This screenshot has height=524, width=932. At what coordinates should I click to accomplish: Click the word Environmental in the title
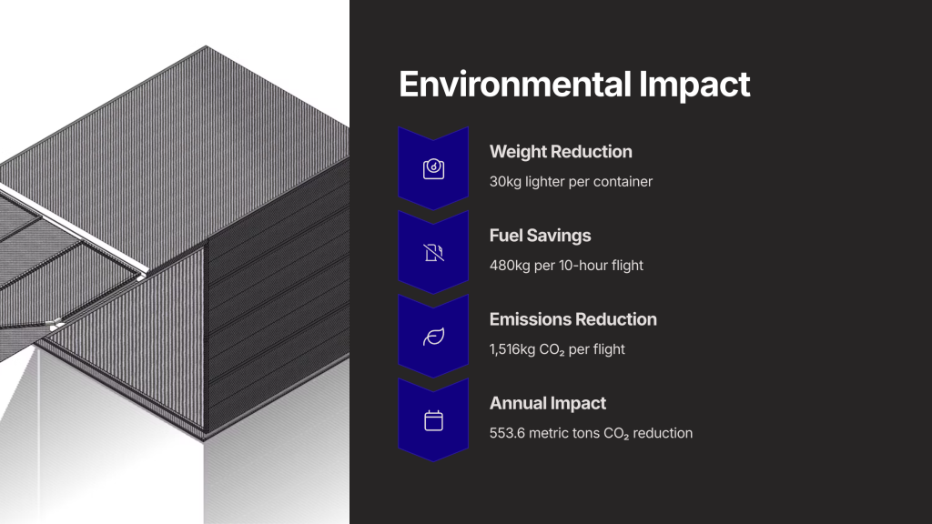click(x=515, y=85)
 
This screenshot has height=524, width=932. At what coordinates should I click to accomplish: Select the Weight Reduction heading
click(x=561, y=152)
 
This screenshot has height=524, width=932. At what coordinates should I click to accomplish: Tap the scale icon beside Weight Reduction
click(x=433, y=168)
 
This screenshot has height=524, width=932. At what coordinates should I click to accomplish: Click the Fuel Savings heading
click(x=540, y=236)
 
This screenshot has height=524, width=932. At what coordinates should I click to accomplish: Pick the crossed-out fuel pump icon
click(x=433, y=253)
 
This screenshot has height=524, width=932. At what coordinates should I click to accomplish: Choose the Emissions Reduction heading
click(x=573, y=319)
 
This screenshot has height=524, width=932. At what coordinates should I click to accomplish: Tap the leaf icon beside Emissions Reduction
click(x=433, y=337)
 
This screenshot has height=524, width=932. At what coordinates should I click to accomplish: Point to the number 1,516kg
click(x=512, y=349)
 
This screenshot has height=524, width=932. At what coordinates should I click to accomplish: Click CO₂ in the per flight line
click(x=552, y=350)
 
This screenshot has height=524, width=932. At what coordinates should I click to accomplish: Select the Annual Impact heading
click(x=547, y=403)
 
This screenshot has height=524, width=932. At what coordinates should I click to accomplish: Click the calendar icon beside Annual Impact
click(x=433, y=420)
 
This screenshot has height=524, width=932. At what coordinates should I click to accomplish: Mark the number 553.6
click(x=507, y=433)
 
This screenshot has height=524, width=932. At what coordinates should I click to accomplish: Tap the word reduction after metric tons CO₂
click(x=663, y=433)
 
